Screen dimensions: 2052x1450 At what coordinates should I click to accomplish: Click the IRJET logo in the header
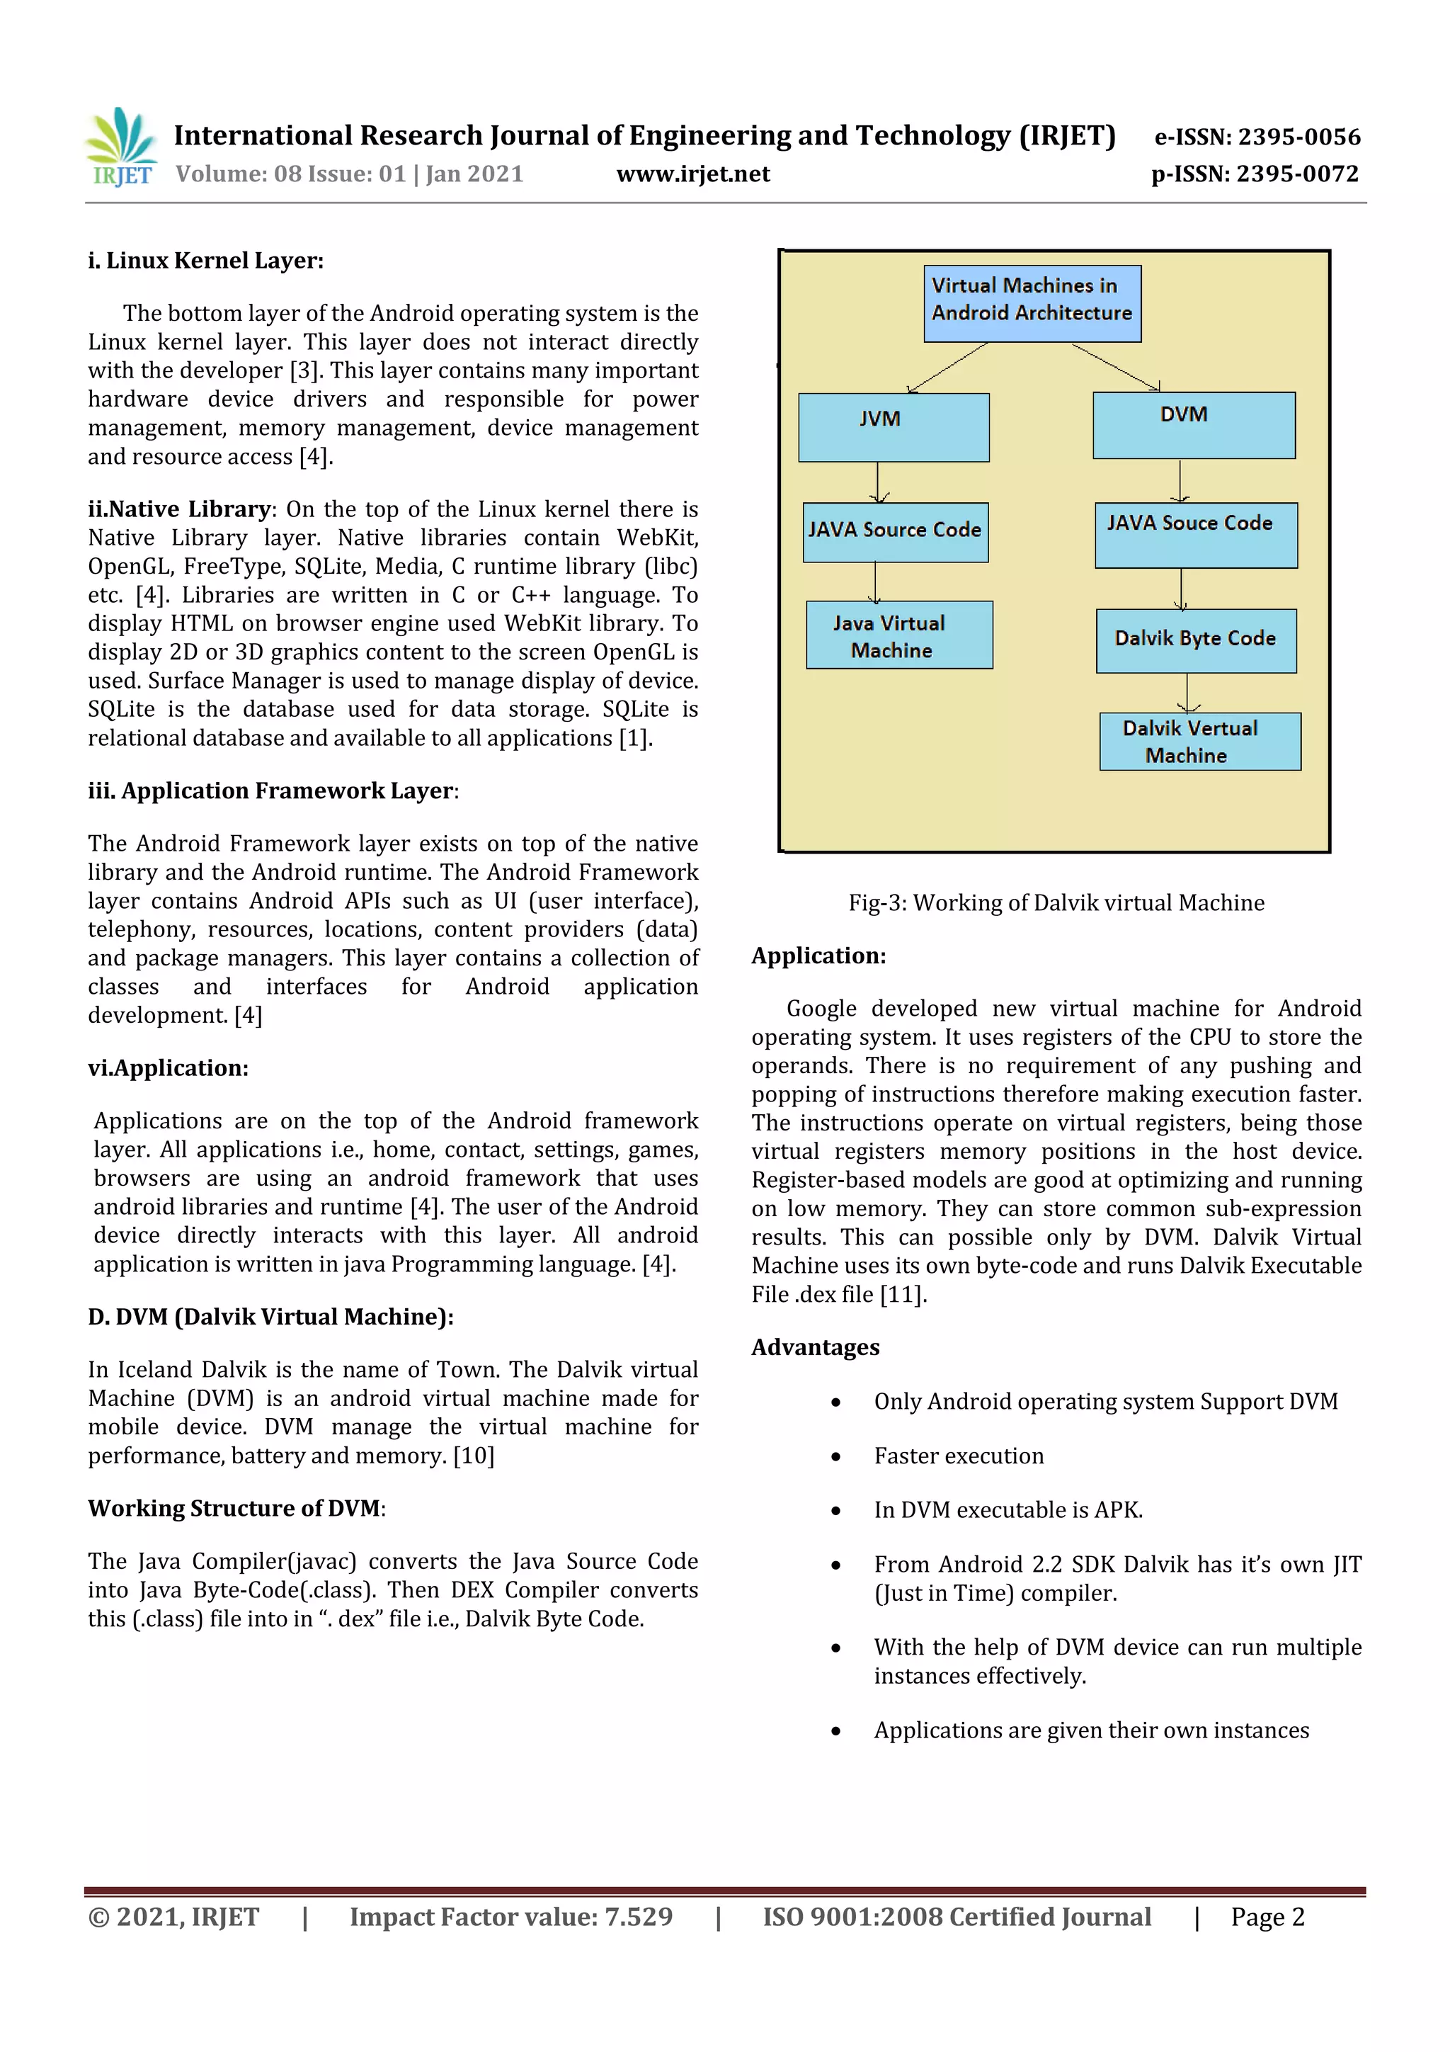pyautogui.click(x=120, y=147)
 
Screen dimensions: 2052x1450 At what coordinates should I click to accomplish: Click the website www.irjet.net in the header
pyautogui.click(x=692, y=174)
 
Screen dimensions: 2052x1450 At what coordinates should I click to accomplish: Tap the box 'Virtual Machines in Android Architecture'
pyautogui.click(x=1032, y=303)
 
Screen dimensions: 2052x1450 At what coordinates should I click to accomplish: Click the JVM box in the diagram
pyautogui.click(x=894, y=427)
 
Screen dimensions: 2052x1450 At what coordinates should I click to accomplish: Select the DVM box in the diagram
pyautogui.click(x=1194, y=426)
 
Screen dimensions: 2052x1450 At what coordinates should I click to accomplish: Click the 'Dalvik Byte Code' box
pyautogui.click(x=1195, y=640)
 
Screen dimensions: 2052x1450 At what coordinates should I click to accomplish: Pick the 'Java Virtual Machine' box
pyautogui.click(x=898, y=635)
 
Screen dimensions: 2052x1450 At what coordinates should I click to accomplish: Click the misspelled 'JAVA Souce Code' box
pyautogui.click(x=1195, y=535)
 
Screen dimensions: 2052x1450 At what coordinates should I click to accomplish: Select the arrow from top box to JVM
pyautogui.click(x=947, y=368)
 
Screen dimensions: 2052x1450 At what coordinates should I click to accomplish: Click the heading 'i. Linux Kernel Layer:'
pyautogui.click(x=205, y=261)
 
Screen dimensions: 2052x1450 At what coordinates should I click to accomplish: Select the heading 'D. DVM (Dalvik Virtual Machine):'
pyautogui.click(x=270, y=1317)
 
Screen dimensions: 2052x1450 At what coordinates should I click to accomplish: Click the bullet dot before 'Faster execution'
pyautogui.click(x=835, y=1457)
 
